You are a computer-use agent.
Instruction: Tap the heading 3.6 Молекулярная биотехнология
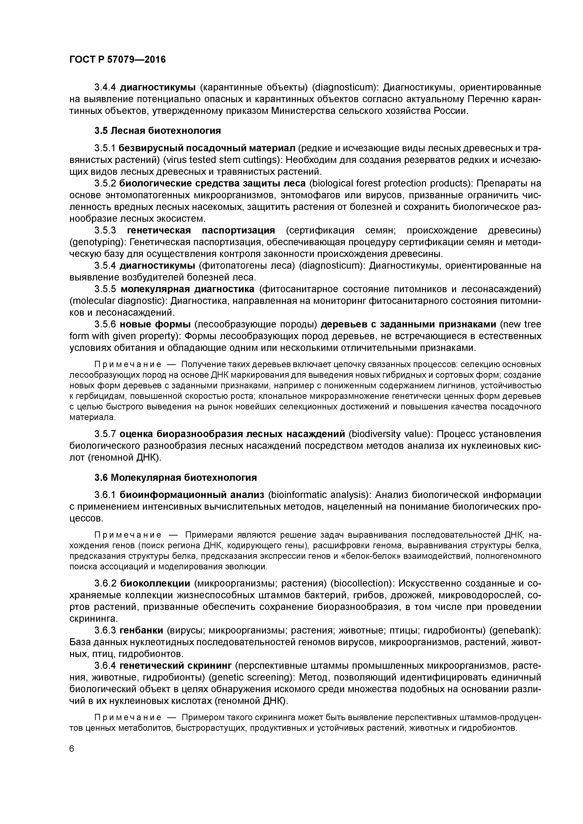176,478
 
